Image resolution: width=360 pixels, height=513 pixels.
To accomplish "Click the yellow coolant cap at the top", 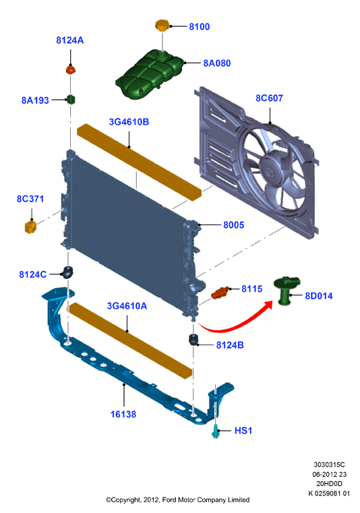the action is [x=162, y=26].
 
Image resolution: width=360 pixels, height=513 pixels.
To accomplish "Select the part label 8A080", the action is [x=217, y=63].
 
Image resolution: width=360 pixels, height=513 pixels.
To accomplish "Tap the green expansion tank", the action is [x=149, y=74].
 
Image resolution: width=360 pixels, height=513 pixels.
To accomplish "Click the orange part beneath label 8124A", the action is [x=71, y=70].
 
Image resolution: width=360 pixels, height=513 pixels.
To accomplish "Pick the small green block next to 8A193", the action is [x=71, y=99].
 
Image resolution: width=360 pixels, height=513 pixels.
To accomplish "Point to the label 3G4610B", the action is [x=129, y=122].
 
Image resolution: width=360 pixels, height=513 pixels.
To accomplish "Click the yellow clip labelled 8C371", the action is [x=30, y=227].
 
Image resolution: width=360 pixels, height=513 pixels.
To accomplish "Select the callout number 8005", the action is [x=234, y=225].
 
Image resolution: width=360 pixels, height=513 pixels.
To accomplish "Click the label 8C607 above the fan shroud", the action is [x=270, y=98].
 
